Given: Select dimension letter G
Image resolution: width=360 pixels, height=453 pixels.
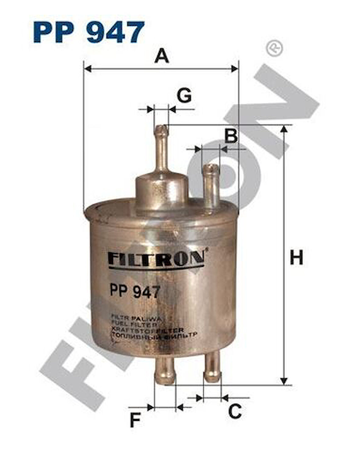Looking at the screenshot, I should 184,95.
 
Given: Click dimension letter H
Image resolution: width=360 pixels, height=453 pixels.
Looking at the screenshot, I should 296,257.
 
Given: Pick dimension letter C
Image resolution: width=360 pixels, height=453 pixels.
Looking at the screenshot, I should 235,412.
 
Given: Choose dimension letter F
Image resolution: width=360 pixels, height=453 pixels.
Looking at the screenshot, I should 135,420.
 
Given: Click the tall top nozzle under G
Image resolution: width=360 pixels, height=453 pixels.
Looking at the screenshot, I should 161,149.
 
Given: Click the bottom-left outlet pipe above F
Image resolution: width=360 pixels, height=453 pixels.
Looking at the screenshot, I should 165,371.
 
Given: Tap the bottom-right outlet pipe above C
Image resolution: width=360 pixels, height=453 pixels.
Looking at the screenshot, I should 212,368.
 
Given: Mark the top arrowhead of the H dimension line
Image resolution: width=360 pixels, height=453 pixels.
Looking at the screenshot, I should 284,129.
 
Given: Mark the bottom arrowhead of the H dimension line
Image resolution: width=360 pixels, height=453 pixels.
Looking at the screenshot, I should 284,381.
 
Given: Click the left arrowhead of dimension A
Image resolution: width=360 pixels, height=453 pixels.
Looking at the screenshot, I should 88,69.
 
